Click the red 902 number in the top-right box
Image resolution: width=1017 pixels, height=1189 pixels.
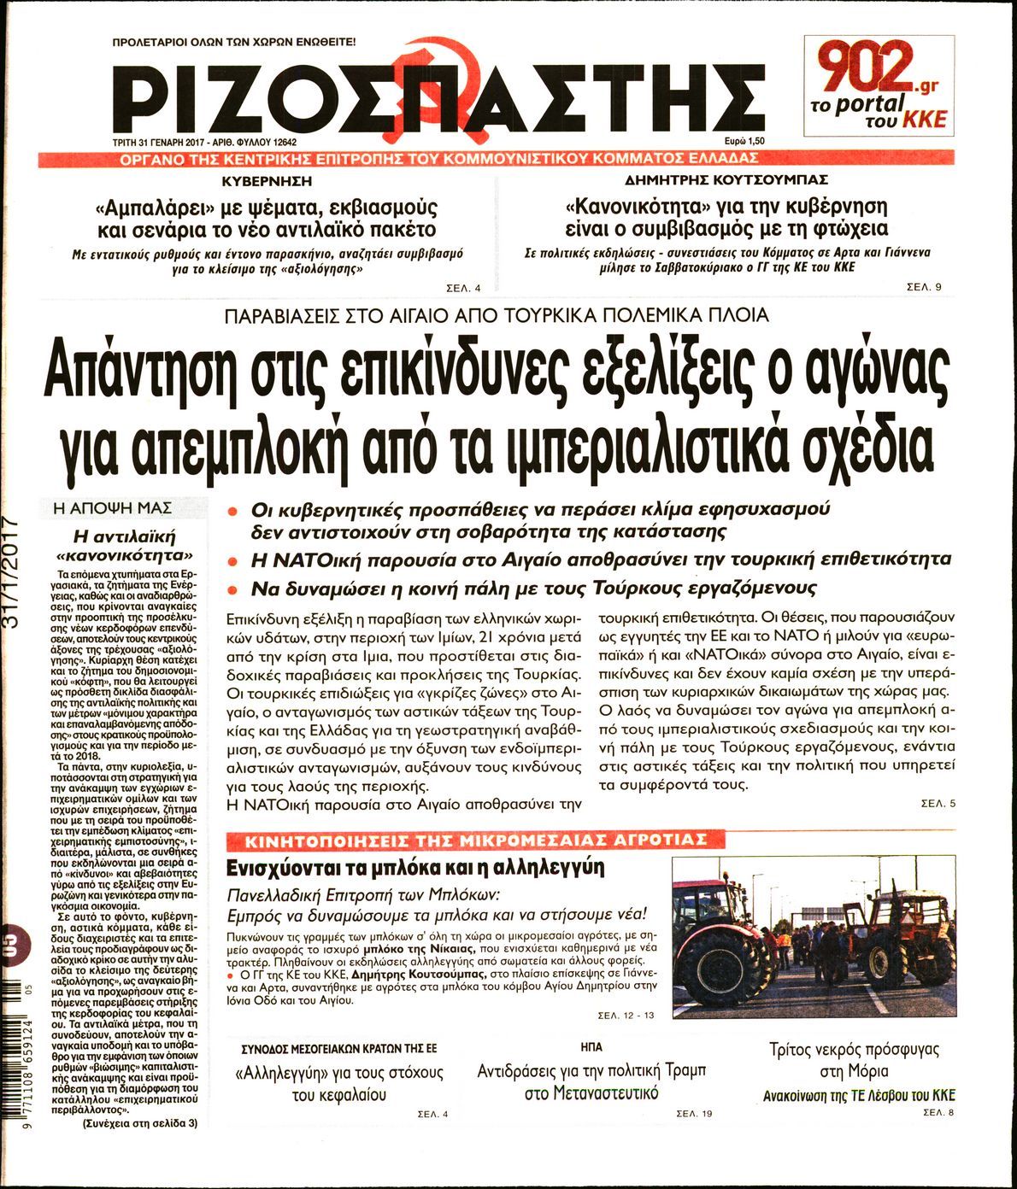point(863,69)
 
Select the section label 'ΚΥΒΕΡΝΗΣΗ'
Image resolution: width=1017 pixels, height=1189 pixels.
point(267,182)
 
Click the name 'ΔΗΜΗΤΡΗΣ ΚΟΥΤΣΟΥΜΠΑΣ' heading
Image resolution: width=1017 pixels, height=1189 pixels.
point(726,181)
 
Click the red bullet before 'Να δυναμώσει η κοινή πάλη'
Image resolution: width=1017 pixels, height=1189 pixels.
point(232,589)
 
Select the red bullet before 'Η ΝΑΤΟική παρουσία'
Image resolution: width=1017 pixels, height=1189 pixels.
point(232,561)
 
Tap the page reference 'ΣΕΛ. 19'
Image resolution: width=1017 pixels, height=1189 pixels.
point(693,1114)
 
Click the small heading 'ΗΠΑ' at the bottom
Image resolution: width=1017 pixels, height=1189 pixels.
point(591,1046)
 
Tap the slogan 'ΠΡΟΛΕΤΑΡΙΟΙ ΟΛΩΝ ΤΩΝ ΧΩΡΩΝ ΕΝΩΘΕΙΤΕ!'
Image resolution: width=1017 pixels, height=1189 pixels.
point(235,41)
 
